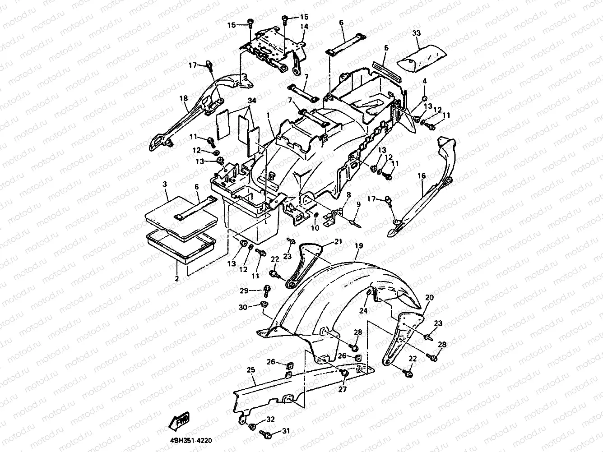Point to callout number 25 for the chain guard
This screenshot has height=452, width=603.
click(251, 370)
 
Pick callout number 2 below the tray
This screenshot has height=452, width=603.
click(177, 279)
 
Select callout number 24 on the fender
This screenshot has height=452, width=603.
click(363, 311)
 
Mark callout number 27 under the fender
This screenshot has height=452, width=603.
click(342, 389)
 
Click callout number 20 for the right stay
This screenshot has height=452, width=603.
click(429, 298)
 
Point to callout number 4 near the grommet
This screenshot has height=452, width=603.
click(424, 81)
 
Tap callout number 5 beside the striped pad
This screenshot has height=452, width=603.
click(386, 47)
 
